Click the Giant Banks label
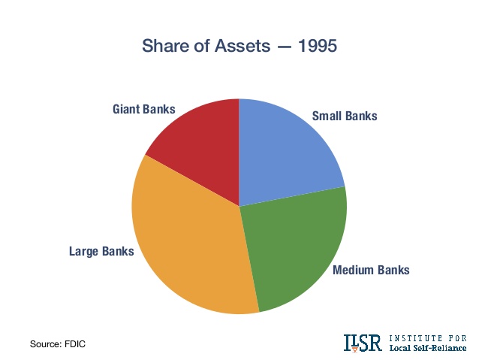144,109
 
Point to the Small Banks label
345,116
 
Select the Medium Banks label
371,270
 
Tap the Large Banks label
101,252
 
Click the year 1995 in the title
318,46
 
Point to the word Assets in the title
243,46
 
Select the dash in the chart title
284,47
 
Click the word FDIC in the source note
75,344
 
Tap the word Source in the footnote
45,344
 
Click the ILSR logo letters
363,343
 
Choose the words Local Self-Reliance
428,348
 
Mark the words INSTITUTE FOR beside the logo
428,338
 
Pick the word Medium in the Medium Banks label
352,270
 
